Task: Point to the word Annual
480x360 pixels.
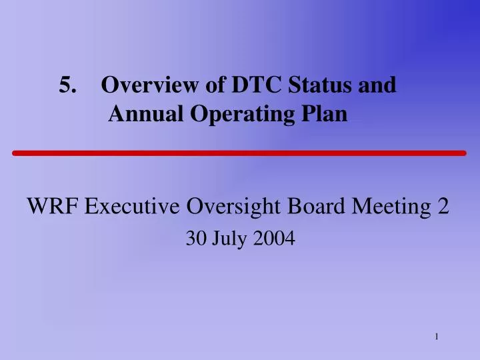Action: tap(140, 115)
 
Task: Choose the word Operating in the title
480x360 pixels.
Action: tap(236, 115)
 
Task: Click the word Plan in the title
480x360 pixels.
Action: tap(324, 115)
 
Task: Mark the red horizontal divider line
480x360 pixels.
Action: tap(239, 153)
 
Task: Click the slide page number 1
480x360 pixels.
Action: tap(436, 337)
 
